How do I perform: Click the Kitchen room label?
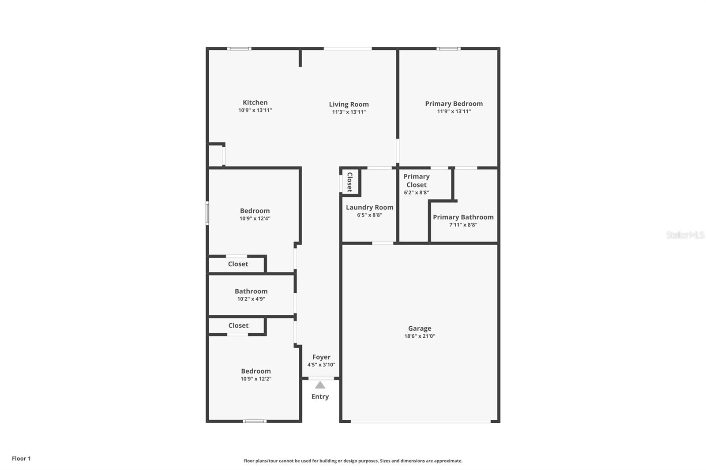coord(255,103)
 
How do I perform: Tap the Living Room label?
coord(349,104)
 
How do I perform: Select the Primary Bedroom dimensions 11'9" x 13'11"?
coord(454,112)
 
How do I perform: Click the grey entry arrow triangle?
coord(320,385)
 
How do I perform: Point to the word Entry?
coord(320,397)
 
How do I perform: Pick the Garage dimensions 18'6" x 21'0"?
coord(420,336)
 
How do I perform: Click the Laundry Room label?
coord(369,207)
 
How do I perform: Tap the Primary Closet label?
coord(416,180)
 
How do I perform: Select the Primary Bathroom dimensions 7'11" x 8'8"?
coord(463,225)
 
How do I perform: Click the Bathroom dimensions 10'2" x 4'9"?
coord(251,299)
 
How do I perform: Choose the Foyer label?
coord(321,357)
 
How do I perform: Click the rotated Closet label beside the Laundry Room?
coord(349,182)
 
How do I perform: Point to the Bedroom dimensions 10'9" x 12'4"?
coord(255,219)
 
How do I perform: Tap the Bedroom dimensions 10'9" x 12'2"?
coord(256,379)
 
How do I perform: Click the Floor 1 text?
coord(21,459)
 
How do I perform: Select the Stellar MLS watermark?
coord(685,235)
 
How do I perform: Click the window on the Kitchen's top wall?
coord(239,48)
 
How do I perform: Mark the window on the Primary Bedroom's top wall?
coord(448,48)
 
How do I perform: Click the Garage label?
coord(420,328)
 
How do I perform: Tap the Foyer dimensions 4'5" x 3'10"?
coord(321,365)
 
